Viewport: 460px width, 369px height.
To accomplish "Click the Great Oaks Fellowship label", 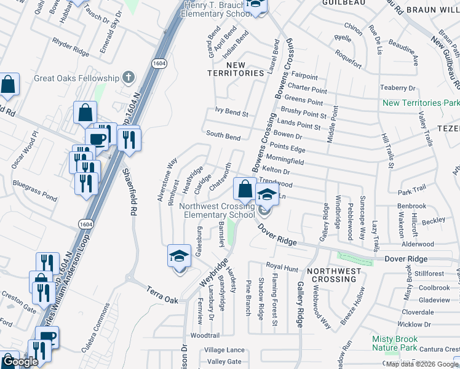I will tap(76, 78).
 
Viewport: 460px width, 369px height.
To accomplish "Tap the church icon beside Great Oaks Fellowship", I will tap(128, 77).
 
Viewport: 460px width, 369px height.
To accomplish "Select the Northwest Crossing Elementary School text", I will tap(217, 211).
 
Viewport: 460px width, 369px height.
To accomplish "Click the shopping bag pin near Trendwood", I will tap(245, 188).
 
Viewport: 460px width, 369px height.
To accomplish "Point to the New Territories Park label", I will tap(421, 103).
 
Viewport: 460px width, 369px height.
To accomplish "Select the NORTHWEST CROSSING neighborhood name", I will tap(334, 275).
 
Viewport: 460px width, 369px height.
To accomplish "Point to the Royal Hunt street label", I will tap(282, 266).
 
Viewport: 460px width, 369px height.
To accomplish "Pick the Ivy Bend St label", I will tap(231, 114).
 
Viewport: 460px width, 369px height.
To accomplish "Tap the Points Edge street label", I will tap(287, 148).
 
